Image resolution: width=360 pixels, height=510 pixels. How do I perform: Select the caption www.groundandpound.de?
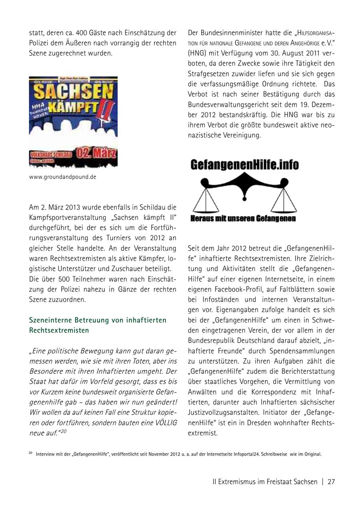point(62,177)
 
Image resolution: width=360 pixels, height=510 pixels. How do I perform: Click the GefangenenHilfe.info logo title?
point(244,165)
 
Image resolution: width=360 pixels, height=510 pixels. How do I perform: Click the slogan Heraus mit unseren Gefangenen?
point(243,219)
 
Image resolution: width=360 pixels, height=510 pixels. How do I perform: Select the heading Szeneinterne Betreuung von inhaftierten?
point(98,320)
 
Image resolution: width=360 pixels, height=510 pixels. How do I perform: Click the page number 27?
point(331,482)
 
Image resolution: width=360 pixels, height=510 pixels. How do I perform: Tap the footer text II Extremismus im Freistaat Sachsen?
point(265,482)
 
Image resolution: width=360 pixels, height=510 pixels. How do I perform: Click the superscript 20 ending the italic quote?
point(64,431)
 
